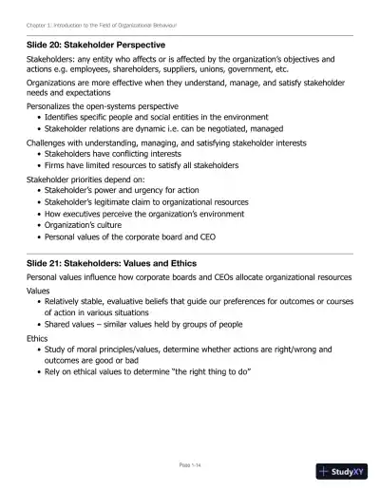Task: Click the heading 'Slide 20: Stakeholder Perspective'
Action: click(x=96, y=44)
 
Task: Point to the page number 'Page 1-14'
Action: click(x=191, y=464)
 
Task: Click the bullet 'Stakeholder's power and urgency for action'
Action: click(x=128, y=190)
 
